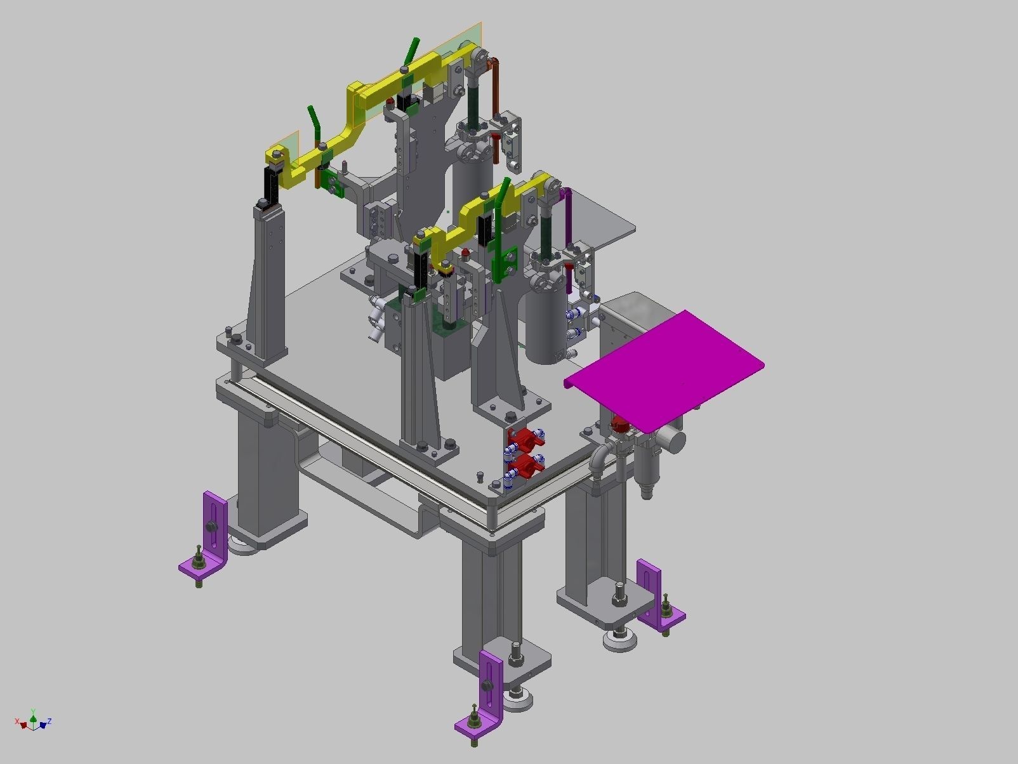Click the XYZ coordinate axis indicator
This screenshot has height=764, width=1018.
(x=32, y=721)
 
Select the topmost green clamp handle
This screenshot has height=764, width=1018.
(x=412, y=51)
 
